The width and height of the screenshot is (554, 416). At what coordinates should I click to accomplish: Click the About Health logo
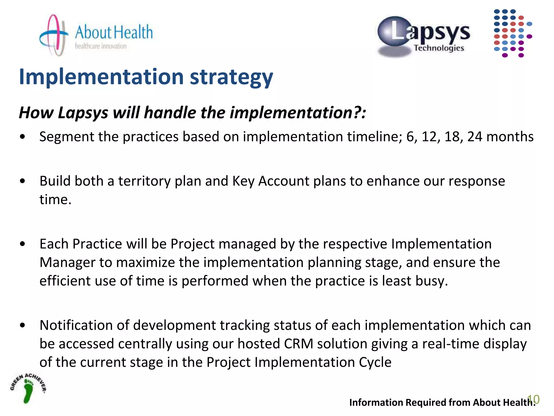[x=96, y=35]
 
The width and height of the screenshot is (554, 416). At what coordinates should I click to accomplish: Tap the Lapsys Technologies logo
[x=424, y=37]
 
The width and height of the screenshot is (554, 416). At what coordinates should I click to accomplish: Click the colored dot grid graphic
[x=512, y=33]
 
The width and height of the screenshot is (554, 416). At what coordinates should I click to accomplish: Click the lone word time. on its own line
[x=55, y=200]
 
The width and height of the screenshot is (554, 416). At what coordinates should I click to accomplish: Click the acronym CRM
[x=299, y=344]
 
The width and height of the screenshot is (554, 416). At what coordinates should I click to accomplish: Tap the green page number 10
[x=534, y=399]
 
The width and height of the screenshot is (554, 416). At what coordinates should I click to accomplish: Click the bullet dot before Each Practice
[x=23, y=244]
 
